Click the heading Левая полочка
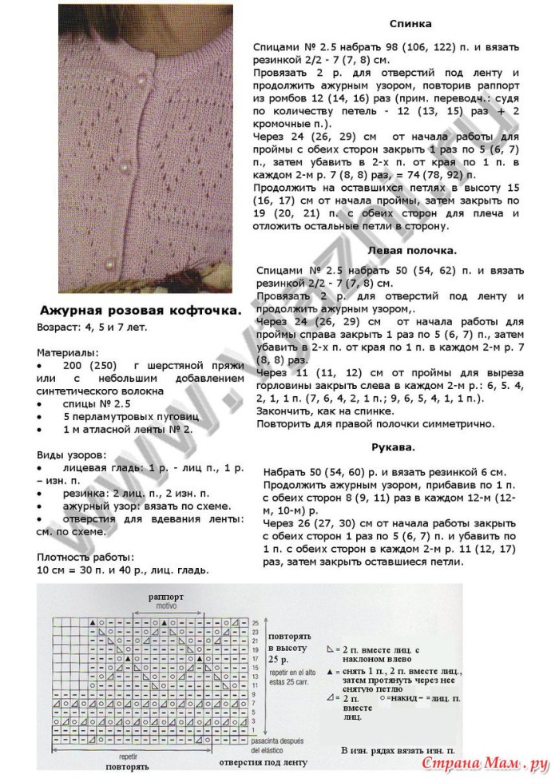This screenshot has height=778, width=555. [411, 250]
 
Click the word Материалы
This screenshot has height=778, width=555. [69, 351]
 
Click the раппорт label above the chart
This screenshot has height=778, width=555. [166, 596]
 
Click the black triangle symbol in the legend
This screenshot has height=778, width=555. [331, 675]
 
